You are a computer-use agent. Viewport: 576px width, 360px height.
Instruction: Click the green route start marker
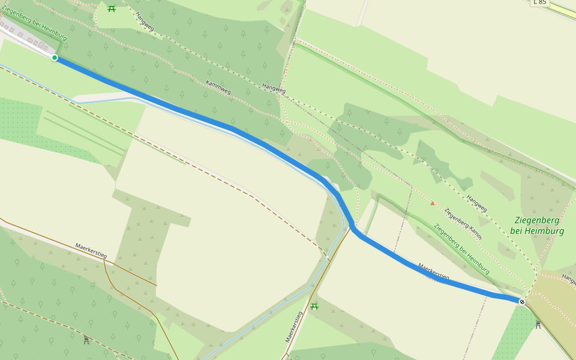55,58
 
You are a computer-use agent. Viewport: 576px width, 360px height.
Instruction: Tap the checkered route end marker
522,302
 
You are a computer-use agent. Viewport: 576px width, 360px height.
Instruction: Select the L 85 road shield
539,2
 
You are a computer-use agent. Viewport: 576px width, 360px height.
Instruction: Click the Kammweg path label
218,87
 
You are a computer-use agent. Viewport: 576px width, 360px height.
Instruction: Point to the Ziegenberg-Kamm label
463,224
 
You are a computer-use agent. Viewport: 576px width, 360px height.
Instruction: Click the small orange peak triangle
433,203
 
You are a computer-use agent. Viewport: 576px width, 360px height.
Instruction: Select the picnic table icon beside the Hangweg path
112,8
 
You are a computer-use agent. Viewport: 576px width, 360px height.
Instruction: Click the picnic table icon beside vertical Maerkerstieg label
314,307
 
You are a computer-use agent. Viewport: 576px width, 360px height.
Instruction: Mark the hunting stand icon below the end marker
538,325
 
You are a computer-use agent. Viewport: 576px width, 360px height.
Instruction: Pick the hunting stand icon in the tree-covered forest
86,340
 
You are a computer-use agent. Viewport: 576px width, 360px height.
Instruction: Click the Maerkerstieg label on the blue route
433,271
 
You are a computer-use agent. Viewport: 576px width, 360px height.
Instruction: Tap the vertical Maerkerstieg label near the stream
293,327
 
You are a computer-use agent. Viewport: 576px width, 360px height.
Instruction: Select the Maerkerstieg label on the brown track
91,251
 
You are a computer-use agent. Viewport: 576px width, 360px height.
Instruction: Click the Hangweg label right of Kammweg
274,88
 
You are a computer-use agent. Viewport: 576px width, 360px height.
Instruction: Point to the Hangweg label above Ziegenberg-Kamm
477,203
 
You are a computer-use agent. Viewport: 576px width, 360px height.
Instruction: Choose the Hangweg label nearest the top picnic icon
145,22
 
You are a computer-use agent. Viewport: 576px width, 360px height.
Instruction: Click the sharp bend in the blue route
352,227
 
